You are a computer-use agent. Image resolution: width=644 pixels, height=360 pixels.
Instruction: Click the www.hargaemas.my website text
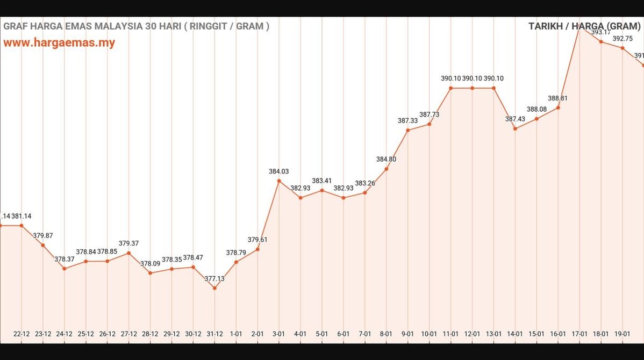click(59, 43)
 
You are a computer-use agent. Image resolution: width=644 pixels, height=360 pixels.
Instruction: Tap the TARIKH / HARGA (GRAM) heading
click(584, 26)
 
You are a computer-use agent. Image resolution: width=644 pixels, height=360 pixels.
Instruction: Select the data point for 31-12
click(214, 288)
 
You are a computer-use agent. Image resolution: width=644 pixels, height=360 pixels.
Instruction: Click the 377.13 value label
click(214, 278)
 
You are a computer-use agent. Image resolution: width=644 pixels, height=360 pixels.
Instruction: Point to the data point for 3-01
click(279, 181)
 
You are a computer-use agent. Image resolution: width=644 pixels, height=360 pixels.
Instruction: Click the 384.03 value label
click(279, 171)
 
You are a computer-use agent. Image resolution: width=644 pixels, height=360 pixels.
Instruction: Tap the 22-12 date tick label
click(22, 334)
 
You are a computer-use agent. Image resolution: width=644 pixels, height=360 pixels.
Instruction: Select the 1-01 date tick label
click(236, 334)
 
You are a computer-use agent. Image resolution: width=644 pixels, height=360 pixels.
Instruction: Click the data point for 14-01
click(515, 128)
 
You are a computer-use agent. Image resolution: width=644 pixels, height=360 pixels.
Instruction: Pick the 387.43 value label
click(515, 119)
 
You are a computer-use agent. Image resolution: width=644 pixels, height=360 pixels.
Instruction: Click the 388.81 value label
click(558, 98)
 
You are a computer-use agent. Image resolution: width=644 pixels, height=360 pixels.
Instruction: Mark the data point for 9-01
click(408, 130)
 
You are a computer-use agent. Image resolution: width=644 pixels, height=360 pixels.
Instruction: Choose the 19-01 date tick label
click(622, 334)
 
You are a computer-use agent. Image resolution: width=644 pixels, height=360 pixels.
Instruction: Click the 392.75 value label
click(622, 38)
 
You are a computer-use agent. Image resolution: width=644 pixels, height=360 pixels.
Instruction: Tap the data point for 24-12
click(65, 268)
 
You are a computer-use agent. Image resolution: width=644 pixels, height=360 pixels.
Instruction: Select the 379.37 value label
click(128, 243)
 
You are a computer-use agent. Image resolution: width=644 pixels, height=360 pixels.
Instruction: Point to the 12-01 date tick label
click(472, 334)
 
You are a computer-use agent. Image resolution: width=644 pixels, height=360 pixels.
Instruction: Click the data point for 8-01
click(387, 169)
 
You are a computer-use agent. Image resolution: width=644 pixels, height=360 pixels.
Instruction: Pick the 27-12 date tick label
click(128, 334)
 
